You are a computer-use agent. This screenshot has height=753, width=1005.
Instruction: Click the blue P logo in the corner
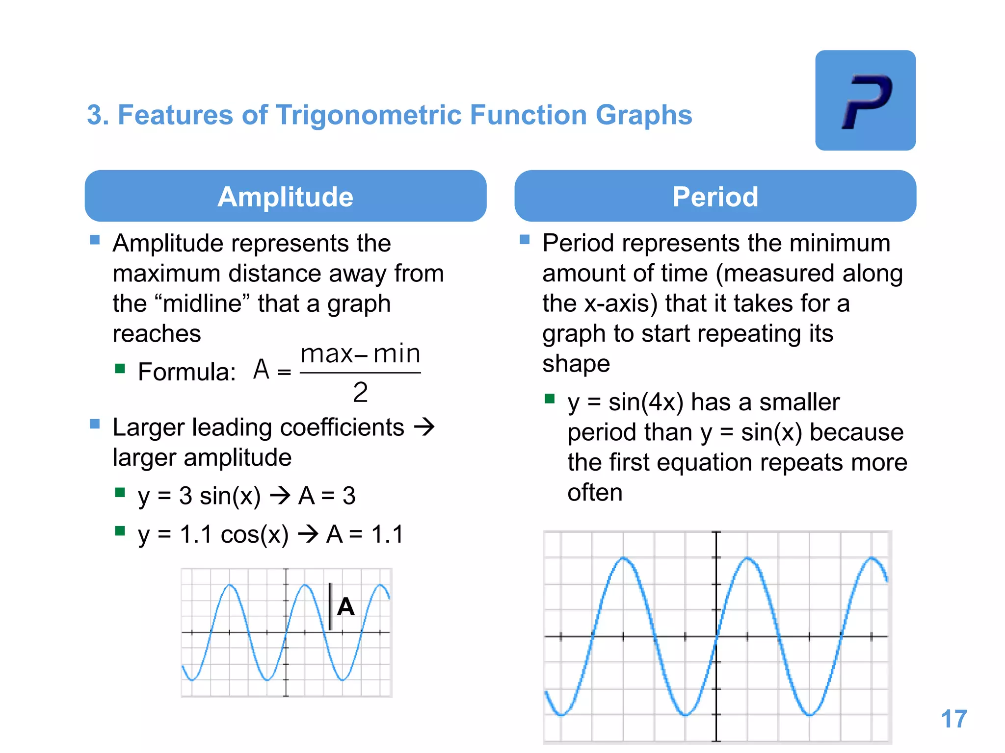pos(865,100)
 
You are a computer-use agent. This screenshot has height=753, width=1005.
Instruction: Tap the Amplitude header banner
pos(286,196)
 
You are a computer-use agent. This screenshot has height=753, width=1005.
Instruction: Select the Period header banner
pos(715,196)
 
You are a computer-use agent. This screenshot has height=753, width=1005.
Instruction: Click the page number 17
pos(953,719)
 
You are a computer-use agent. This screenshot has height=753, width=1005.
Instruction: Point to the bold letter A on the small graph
pos(346,607)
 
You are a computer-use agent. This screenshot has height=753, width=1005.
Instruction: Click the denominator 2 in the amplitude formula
pos(360,393)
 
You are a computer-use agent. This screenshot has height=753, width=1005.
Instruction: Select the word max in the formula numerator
pos(327,354)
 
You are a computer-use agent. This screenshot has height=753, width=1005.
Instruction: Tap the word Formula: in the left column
pos(187,372)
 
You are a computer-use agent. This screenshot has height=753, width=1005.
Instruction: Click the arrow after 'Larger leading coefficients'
pos(424,427)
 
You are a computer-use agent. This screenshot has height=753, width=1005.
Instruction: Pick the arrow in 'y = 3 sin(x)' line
pos(280,496)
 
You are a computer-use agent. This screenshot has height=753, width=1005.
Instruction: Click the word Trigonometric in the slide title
pos(369,115)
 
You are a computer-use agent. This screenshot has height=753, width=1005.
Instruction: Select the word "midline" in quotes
pos(203,303)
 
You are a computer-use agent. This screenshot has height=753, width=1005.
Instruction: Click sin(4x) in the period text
pos(646,402)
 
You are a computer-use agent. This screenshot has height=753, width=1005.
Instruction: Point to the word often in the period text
pos(595,493)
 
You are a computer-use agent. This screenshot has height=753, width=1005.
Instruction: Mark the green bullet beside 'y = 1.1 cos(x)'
pos(120,531)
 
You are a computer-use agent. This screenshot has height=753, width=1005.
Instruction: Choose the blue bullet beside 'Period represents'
pos(525,239)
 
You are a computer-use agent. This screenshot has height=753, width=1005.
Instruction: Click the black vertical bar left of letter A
pos(330,606)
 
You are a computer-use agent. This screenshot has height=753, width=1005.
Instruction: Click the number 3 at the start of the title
pos(94,115)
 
